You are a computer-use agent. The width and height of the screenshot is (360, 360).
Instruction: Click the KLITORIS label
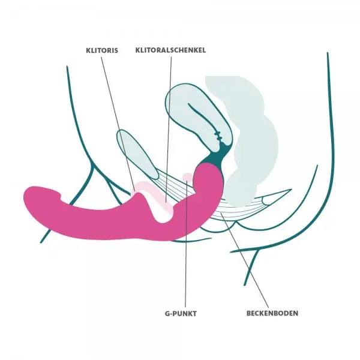[102, 51]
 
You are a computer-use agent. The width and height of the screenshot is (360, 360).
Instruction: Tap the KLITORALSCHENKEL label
[171, 51]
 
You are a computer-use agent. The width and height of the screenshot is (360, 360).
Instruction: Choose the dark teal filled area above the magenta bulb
[217, 157]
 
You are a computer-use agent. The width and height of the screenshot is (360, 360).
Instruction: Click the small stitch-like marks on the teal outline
[220, 136]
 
